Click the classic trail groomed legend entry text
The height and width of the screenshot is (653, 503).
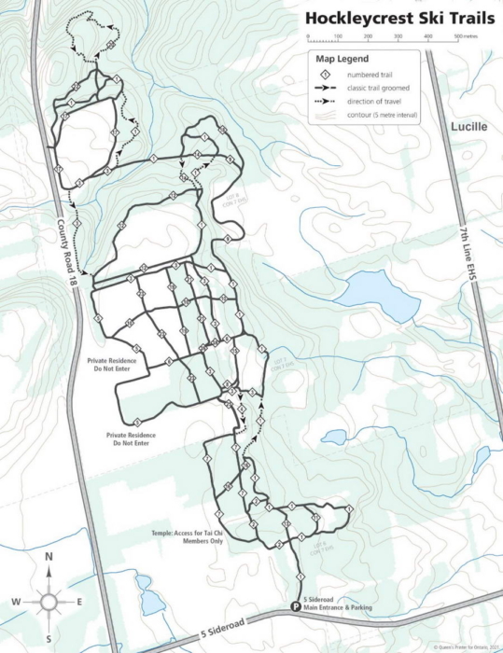[x=382, y=88]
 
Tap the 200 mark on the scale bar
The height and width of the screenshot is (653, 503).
[x=368, y=35]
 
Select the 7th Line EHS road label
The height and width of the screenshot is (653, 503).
[x=463, y=253]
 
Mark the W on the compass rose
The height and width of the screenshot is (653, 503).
[x=16, y=601]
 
